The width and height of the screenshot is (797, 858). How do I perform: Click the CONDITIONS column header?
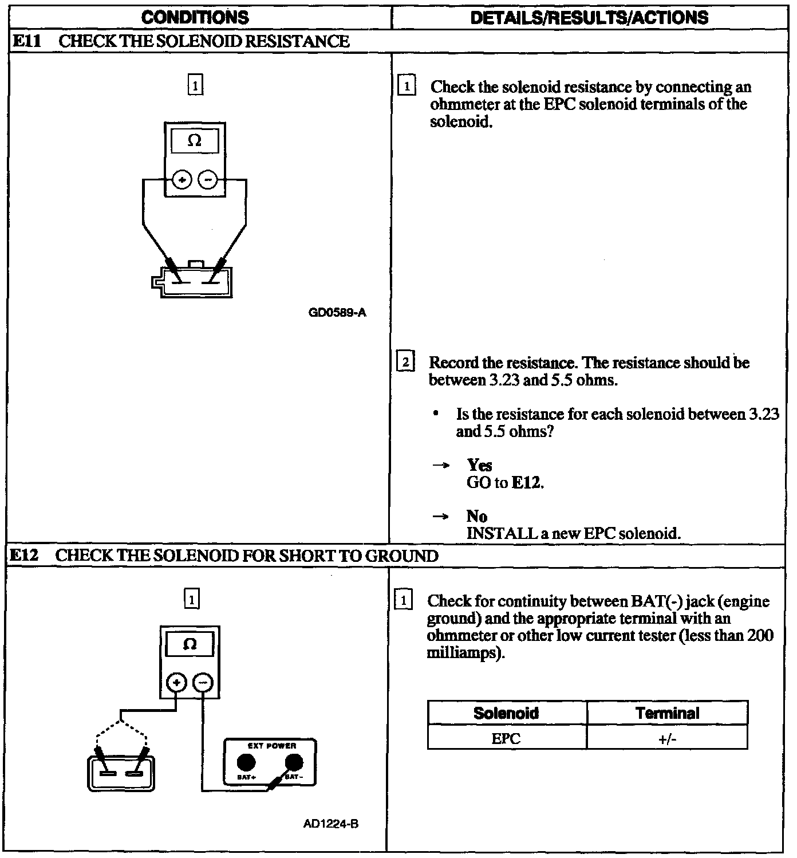tap(195, 18)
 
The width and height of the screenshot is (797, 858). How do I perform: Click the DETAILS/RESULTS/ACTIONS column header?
tap(589, 18)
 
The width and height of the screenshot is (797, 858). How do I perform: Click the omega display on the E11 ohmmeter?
tap(195, 141)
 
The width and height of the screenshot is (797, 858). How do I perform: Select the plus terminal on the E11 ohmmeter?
tap(183, 180)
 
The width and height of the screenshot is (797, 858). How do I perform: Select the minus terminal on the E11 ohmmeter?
tap(207, 180)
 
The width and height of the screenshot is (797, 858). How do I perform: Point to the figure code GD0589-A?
tap(337, 313)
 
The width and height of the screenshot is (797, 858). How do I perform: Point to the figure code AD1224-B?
tap(331, 824)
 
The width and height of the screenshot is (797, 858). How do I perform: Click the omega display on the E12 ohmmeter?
tap(190, 645)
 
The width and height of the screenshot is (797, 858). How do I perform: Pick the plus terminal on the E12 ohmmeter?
tap(176, 683)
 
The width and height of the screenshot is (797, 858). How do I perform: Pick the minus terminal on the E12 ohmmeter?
tap(203, 683)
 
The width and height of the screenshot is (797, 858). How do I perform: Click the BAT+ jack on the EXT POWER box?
tap(246, 762)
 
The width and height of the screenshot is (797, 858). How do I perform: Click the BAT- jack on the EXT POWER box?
tap(294, 762)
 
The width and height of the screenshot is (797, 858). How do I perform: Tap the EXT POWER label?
tap(272, 746)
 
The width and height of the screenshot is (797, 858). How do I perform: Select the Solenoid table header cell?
tap(506, 713)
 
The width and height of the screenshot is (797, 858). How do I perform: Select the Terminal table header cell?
tap(668, 713)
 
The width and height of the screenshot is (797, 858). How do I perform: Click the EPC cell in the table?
tap(506, 738)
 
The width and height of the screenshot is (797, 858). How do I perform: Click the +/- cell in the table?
tap(668, 738)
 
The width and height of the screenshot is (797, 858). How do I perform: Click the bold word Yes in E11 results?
tap(479, 465)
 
